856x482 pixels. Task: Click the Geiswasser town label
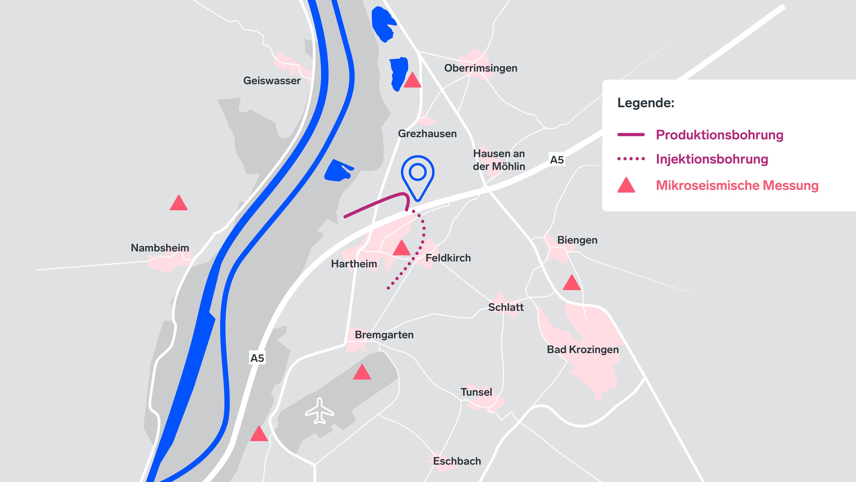272,81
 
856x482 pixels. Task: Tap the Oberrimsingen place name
481,68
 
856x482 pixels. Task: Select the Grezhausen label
427,134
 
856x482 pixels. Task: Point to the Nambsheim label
160,248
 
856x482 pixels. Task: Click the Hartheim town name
354,264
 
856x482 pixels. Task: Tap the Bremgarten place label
384,335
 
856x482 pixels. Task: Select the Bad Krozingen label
582,350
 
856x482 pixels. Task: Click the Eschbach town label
457,461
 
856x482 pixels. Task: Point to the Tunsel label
476,392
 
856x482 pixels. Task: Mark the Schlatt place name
505,307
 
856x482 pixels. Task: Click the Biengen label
577,240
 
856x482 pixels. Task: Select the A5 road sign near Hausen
557,160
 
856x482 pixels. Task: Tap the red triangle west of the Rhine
179,203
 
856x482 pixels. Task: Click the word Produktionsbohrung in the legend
719,135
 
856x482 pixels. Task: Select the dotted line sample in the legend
631,159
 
